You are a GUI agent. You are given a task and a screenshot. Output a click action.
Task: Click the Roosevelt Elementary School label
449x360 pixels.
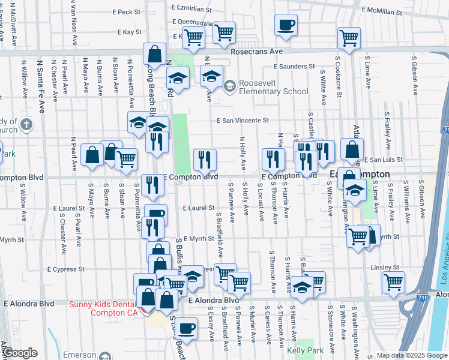coord(273,87)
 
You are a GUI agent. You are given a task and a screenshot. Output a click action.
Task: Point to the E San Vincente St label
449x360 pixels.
coord(243,121)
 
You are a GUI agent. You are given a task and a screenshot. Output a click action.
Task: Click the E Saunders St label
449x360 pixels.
coord(294,67)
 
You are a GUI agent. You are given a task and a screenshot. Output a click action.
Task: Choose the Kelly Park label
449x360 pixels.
coord(305,350)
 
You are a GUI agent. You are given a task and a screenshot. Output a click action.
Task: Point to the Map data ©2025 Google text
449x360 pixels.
coord(412,355)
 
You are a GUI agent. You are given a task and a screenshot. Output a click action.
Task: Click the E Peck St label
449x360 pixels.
coord(125,11)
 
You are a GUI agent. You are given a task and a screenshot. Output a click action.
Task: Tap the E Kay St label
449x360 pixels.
coord(129,31)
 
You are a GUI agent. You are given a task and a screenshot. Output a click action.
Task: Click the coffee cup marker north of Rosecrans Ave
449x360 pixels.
coord(286,25)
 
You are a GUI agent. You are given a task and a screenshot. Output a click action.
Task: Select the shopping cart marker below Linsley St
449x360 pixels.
coord(393,282)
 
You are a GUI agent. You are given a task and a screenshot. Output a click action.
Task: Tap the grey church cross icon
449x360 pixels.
coord(26,125)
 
